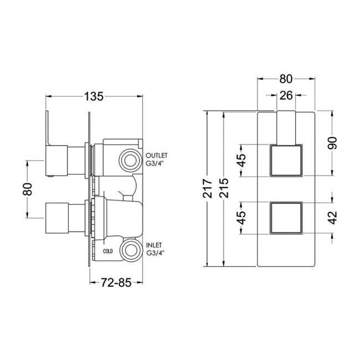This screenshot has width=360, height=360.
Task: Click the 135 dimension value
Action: pos(94,96)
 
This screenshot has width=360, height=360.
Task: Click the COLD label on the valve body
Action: pos(109,250)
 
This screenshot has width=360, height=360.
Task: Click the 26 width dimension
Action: pos(286,96)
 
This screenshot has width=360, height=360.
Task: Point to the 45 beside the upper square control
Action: pos(241,160)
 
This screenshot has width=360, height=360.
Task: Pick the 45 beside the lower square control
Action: pos(241,218)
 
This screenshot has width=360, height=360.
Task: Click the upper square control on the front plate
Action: pos(286,160)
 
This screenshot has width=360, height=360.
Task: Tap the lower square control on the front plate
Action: pos(286,218)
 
